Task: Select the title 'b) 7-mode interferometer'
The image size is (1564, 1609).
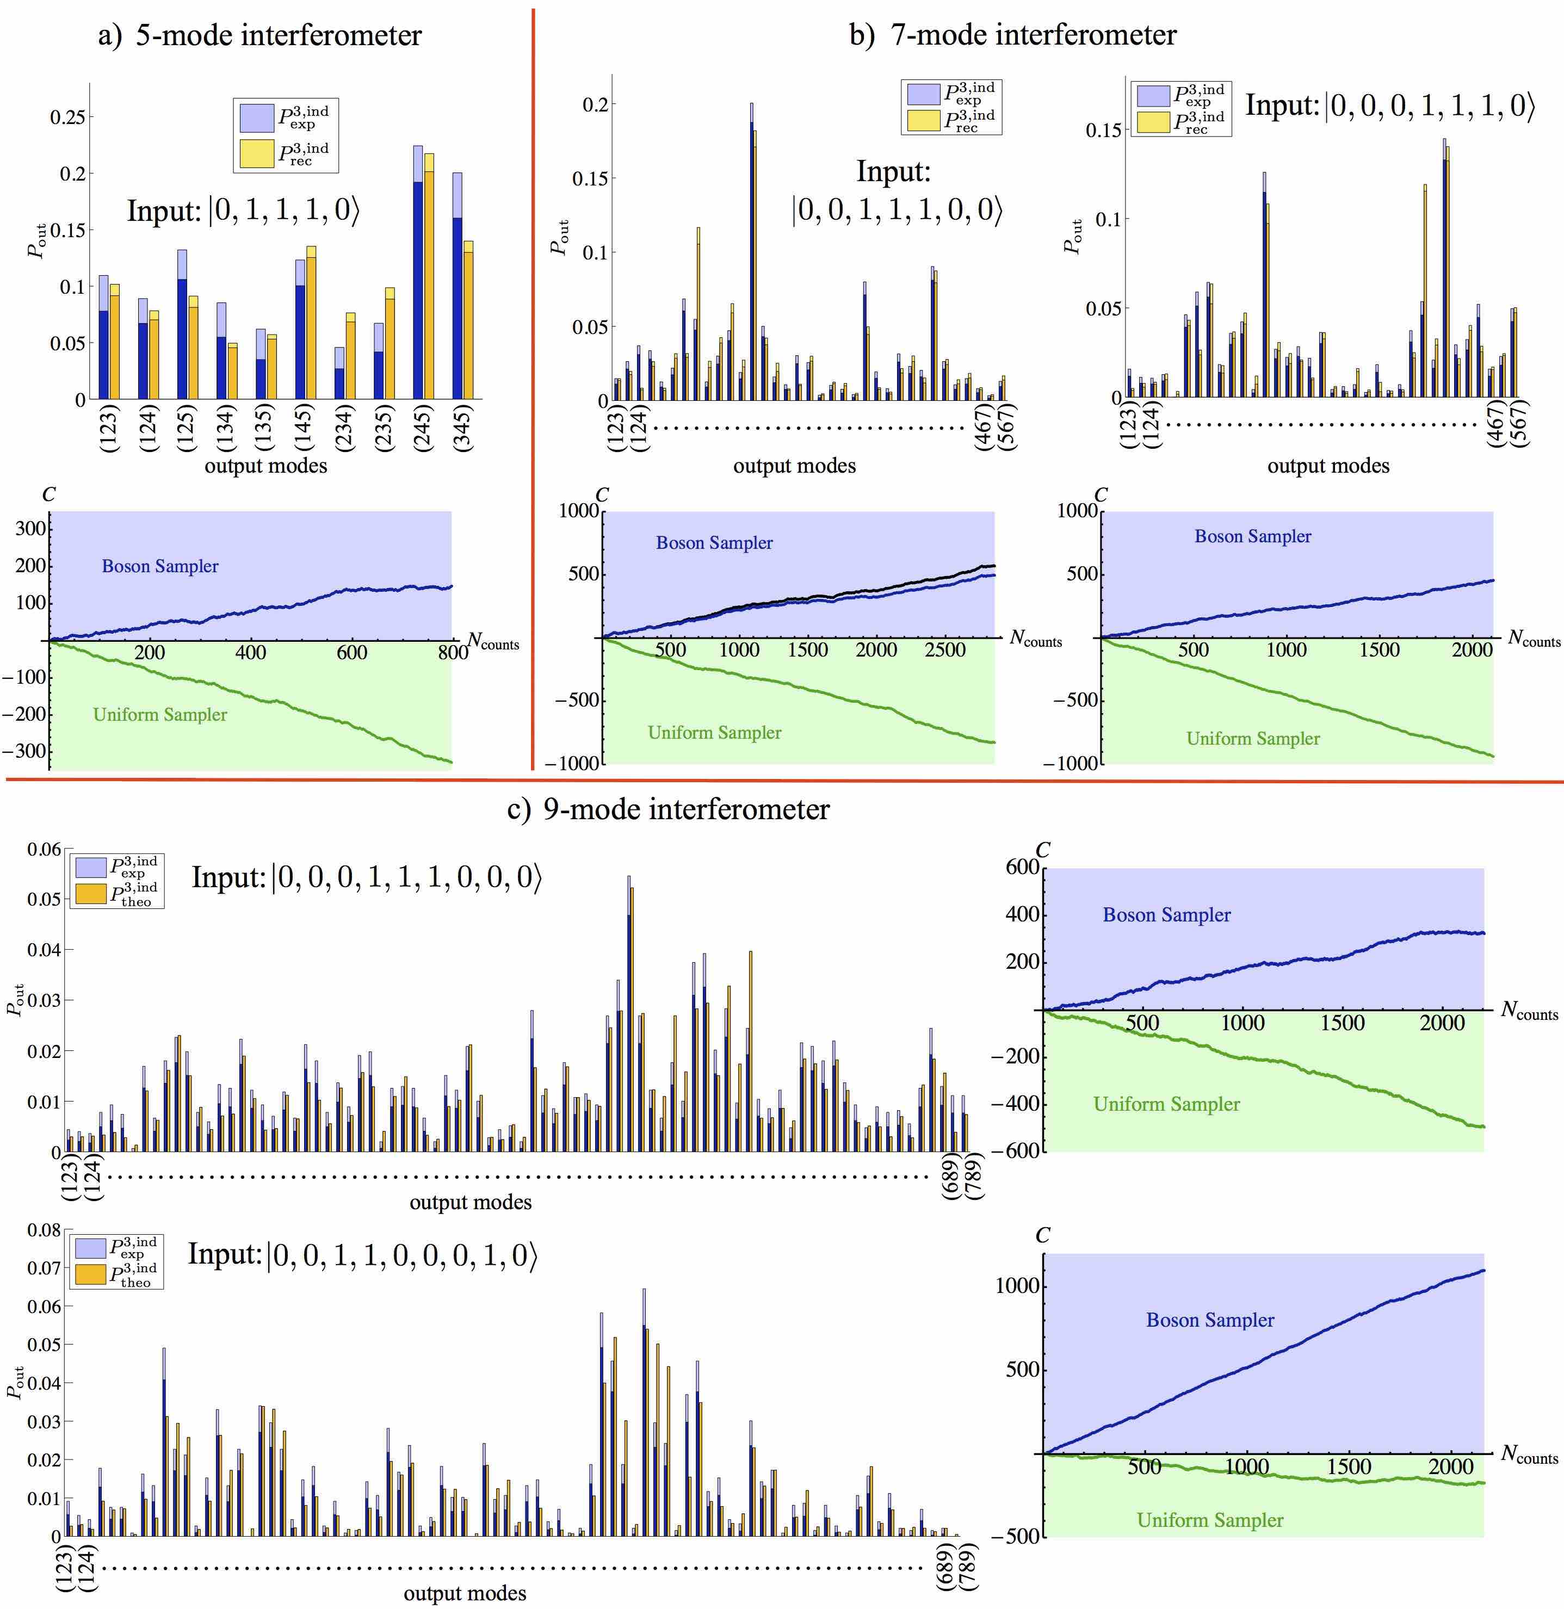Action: click(x=1013, y=35)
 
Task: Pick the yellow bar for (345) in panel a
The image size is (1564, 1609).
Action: click(x=468, y=324)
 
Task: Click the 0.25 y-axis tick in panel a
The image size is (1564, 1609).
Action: click(x=67, y=117)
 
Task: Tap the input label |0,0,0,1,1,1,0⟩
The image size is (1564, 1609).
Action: click(x=1389, y=106)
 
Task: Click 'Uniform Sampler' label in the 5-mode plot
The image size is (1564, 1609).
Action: click(x=160, y=715)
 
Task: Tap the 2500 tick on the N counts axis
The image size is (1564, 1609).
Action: click(x=944, y=649)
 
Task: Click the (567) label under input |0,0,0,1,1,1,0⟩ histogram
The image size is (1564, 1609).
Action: click(x=1519, y=423)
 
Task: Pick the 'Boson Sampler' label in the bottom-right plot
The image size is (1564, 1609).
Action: click(x=1210, y=1320)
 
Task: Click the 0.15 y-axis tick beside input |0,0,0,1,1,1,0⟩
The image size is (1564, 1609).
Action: click(x=1103, y=131)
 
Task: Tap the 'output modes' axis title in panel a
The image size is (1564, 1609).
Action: click(x=265, y=466)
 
